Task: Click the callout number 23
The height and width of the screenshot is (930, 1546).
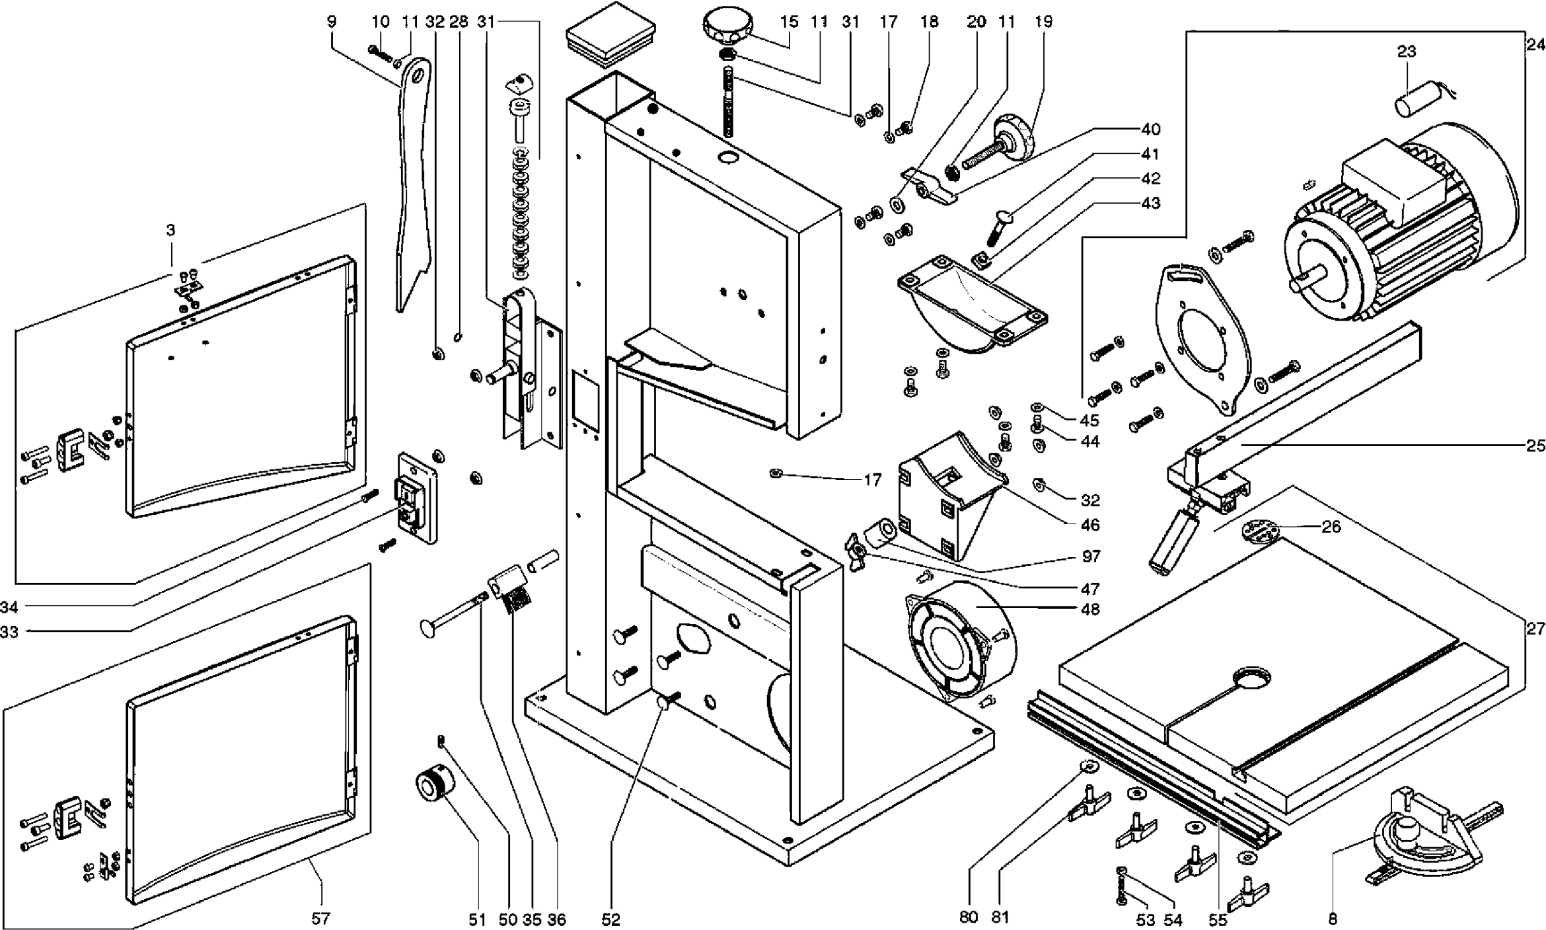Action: (x=1407, y=51)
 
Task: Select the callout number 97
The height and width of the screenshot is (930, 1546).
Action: (x=1091, y=556)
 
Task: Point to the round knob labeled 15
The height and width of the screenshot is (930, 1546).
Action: (x=727, y=26)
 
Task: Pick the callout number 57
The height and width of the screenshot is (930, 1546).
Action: (x=320, y=918)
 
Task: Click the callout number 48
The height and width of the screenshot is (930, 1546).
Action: (x=1090, y=609)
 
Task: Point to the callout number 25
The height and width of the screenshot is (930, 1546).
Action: (x=1535, y=446)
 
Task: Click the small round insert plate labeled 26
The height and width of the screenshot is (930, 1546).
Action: (x=1260, y=531)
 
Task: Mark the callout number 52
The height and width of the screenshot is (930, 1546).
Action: (x=611, y=919)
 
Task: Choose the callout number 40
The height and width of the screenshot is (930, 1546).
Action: (x=1150, y=129)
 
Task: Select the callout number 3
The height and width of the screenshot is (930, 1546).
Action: (x=170, y=230)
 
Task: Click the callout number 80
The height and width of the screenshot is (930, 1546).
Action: (x=968, y=917)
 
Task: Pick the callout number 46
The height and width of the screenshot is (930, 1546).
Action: (x=1090, y=525)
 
